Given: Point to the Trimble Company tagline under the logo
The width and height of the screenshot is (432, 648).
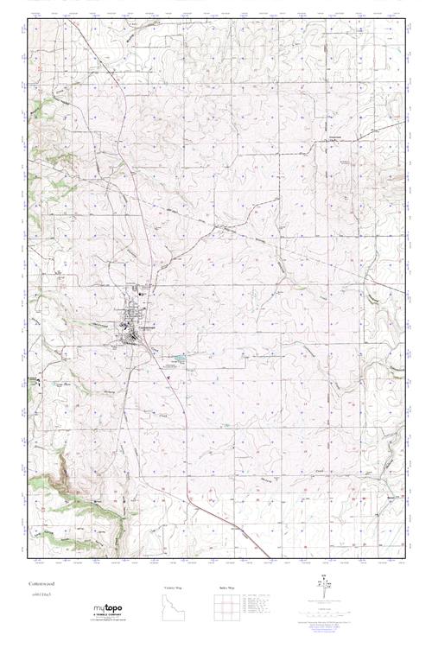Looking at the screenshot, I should tap(116, 616).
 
